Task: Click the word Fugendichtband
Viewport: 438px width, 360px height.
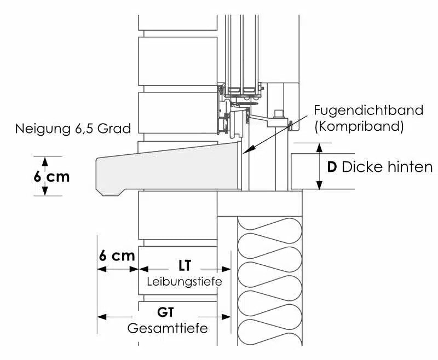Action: [x=368, y=109]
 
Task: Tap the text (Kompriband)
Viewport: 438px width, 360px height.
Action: [x=358, y=127]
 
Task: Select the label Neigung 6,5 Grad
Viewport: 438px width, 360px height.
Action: [x=73, y=129]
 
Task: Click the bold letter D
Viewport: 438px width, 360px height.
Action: [x=331, y=167]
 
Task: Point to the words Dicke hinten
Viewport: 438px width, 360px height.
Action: [x=387, y=167]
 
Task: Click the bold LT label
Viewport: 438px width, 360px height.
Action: [x=185, y=266]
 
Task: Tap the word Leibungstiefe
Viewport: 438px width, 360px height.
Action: [x=184, y=282]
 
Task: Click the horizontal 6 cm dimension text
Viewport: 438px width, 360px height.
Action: [x=117, y=256]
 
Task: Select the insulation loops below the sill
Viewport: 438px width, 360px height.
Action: [x=269, y=279]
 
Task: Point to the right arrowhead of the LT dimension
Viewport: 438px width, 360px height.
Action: [x=226, y=269]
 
